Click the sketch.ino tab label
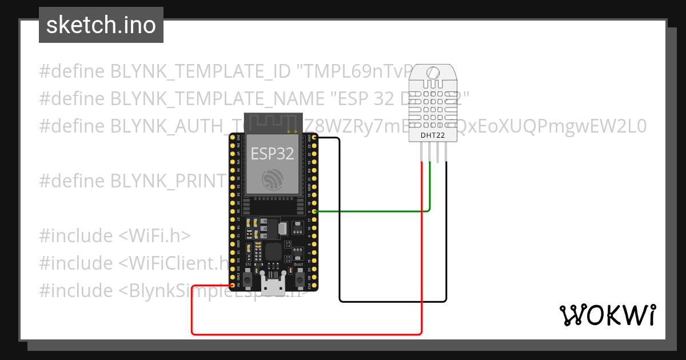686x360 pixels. coord(101,25)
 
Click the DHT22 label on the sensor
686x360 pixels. coord(433,135)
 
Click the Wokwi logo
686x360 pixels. coord(607,315)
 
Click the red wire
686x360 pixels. coord(309,334)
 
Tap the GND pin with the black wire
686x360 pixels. coord(314,138)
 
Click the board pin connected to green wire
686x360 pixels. coord(314,211)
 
